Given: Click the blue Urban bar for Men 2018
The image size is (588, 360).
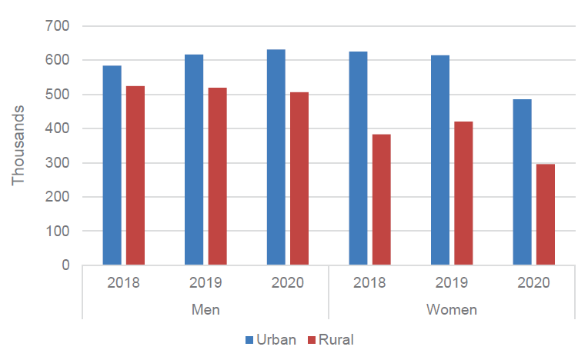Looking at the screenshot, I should point(112,165).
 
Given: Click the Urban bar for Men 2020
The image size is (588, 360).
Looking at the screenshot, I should point(276,158).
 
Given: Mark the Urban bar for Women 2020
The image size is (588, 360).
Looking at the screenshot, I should point(522,182).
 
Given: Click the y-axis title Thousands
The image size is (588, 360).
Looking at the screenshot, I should point(18,145).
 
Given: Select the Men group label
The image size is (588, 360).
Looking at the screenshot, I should point(205,310).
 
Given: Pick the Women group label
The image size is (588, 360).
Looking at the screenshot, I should point(452,310).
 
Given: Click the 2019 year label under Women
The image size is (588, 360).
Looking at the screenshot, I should point(452,282).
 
